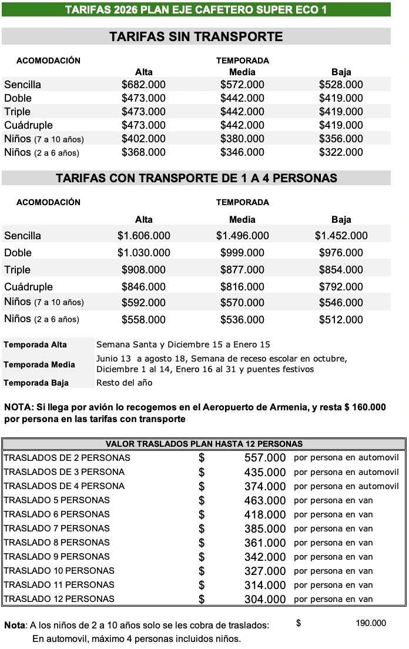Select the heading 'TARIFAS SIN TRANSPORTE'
click(196, 37)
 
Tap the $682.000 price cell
click(143, 85)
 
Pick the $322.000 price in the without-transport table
click(341, 152)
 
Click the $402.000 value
click(143, 139)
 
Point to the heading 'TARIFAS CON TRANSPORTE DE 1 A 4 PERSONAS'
click(196, 178)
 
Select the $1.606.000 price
click(143, 236)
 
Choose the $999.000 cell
click(242, 253)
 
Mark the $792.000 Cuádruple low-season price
click(341, 287)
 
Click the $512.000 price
click(341, 320)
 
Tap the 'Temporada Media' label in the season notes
click(39, 364)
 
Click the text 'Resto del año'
click(124, 383)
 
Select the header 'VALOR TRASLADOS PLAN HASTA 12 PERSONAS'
click(204, 444)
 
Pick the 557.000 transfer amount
click(264, 458)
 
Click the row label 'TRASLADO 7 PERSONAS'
click(57, 528)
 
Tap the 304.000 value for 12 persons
click(264, 599)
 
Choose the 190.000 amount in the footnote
click(371, 623)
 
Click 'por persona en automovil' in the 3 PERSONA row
click(346, 472)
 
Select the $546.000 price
click(341, 303)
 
